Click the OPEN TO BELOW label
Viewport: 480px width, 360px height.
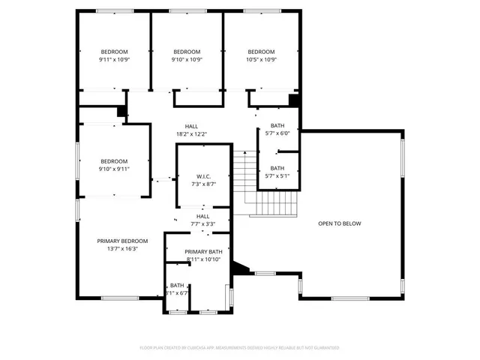coord(340,223)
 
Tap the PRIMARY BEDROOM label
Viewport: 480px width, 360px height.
coord(117,241)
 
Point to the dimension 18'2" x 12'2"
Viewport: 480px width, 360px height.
coord(191,134)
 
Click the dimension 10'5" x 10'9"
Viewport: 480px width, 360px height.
coord(262,59)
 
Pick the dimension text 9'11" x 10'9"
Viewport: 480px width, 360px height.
coord(115,59)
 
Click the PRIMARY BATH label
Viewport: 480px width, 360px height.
coord(203,251)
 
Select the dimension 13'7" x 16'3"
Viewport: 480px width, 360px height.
coord(117,249)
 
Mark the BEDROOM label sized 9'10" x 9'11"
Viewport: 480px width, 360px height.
coord(114,161)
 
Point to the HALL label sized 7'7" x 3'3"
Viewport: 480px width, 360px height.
coord(202,216)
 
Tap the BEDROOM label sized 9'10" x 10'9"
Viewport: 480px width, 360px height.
coord(187,51)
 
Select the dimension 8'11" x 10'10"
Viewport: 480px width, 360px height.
coord(203,259)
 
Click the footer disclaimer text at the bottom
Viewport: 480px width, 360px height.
coord(239,348)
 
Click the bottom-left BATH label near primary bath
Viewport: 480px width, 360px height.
coord(177,285)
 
